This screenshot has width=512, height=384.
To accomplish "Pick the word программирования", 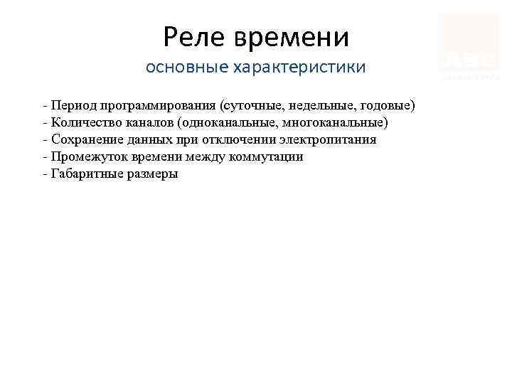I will click(x=159, y=106).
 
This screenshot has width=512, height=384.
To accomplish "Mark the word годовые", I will click(x=388, y=106).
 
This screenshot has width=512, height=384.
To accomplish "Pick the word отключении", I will click(x=253, y=140).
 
